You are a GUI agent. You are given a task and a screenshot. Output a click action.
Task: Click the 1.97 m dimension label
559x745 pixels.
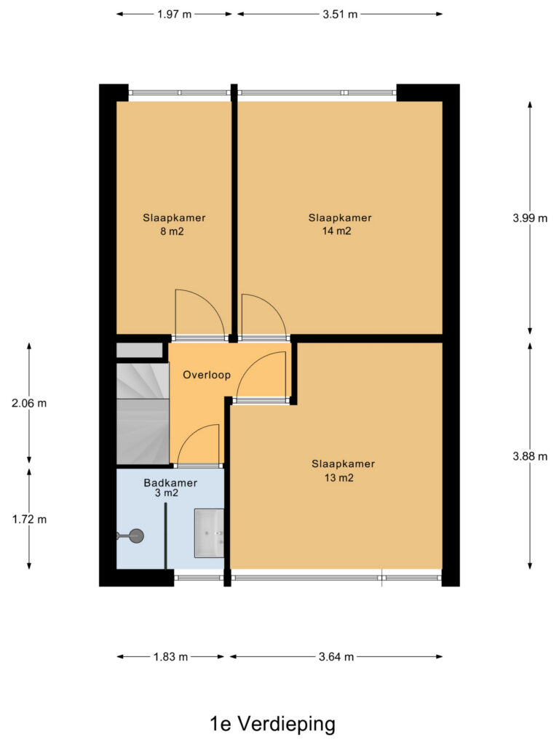point(175,15)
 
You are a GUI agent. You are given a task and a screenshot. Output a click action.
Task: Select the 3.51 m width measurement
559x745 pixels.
point(340,15)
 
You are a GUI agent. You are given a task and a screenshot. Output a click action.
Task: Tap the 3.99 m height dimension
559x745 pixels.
point(530,218)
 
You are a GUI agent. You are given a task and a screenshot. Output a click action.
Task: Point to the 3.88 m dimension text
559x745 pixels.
point(530,457)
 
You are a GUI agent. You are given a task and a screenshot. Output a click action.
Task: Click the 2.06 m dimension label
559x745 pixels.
point(29,403)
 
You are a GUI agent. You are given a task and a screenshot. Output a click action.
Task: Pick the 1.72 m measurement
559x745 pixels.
point(29,519)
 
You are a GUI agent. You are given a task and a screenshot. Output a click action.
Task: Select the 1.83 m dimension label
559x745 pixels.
point(170,657)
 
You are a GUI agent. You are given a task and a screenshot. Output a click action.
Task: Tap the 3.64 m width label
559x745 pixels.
point(336,657)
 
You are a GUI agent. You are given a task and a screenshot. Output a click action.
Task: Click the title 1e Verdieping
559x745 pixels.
point(272,724)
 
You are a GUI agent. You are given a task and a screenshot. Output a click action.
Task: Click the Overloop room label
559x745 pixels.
point(207,375)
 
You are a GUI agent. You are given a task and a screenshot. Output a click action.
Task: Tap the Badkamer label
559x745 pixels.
point(170,483)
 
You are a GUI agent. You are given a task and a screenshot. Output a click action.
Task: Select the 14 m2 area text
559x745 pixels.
point(336,231)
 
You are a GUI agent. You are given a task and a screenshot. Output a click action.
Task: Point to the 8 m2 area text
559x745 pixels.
point(172,231)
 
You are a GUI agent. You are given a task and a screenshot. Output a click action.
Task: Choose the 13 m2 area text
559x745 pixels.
point(339,477)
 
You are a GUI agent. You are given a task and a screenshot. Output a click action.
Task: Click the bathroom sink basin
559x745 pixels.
point(209,533)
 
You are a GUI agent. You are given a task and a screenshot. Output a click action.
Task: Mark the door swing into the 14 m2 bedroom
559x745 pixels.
point(263,316)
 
